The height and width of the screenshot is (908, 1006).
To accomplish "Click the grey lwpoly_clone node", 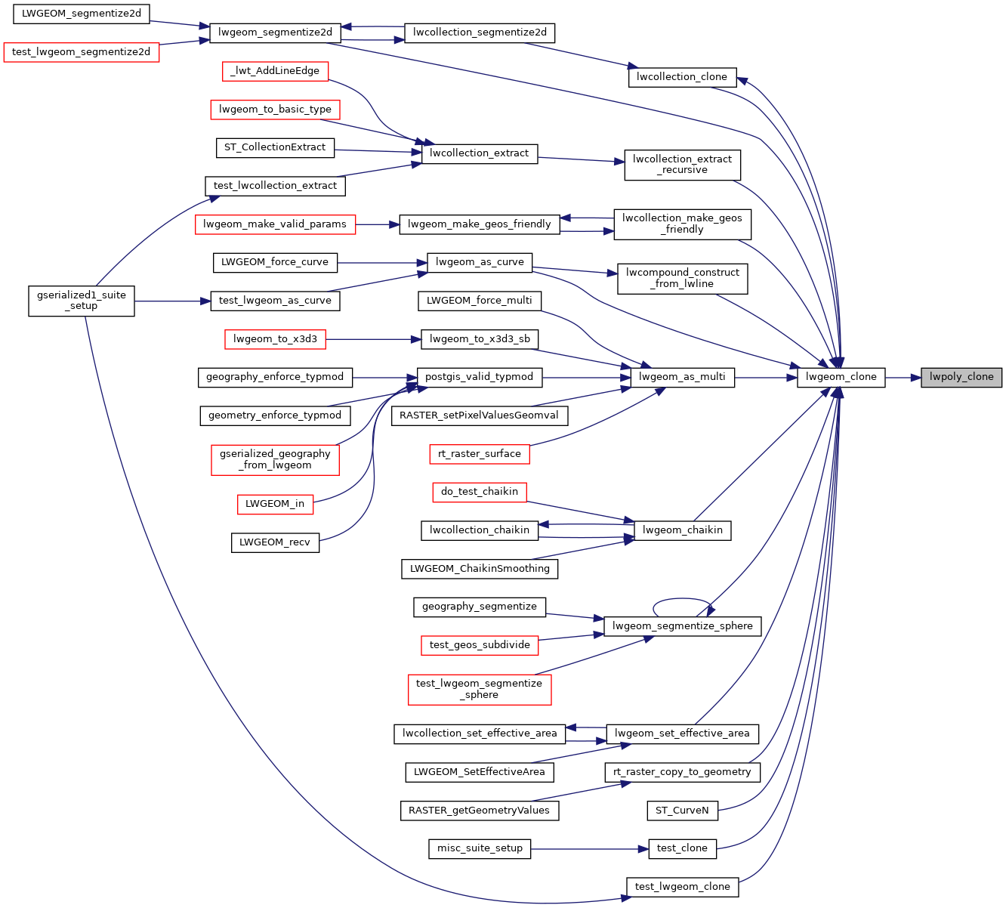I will pyautogui.click(x=961, y=377).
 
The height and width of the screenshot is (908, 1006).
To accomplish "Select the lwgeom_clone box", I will pyautogui.click(x=841, y=377).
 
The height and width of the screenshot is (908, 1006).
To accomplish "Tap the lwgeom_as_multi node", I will pyautogui.click(x=682, y=377).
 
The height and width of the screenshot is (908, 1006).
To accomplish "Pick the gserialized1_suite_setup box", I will pyautogui.click(x=82, y=301).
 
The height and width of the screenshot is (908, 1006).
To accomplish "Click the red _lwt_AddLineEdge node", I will pyautogui.click(x=275, y=71).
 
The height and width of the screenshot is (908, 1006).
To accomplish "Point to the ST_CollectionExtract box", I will pyautogui.click(x=275, y=147).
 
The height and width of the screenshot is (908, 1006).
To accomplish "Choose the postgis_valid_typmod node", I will pyautogui.click(x=479, y=377).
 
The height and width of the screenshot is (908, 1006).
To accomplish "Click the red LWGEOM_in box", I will pyautogui.click(x=275, y=504).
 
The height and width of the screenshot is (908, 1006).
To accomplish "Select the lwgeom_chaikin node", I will pyautogui.click(x=682, y=530).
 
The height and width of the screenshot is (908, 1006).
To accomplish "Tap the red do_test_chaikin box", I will pyautogui.click(x=480, y=492).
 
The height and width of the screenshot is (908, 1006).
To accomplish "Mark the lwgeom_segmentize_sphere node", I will pyautogui.click(x=682, y=626).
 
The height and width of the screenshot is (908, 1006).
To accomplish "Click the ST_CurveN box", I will pyautogui.click(x=682, y=811).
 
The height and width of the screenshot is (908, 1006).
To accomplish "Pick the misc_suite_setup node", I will pyautogui.click(x=480, y=848).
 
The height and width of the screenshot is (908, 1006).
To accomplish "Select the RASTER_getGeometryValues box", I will pyautogui.click(x=480, y=811).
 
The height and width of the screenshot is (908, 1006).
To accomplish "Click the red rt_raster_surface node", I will pyautogui.click(x=480, y=454).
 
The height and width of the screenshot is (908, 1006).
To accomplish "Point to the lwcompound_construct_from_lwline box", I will pyautogui.click(x=682, y=278).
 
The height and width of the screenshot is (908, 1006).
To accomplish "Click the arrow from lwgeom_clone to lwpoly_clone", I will pyautogui.click(x=903, y=377).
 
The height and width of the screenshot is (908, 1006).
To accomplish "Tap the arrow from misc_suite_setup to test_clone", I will pyautogui.click(x=589, y=849).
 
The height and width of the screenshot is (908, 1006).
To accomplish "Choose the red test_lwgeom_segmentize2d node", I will pyautogui.click(x=82, y=52).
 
